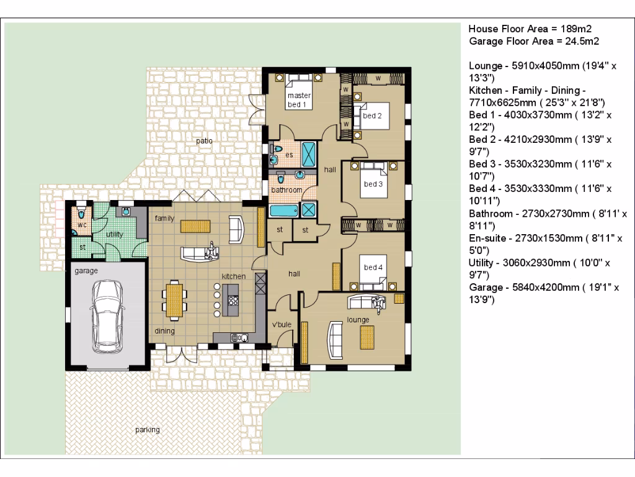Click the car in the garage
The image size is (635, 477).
tap(107, 317)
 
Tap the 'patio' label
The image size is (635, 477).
tap(204, 141)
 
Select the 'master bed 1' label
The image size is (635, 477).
tap(299, 100)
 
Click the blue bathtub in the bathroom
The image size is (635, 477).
tap(284, 210)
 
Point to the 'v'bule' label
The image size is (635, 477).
tap(282, 324)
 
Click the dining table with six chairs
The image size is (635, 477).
tap(174, 300)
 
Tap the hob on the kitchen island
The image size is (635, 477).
tap(233, 301)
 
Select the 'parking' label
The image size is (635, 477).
tap(148, 430)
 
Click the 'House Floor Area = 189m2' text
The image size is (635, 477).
tap(530, 29)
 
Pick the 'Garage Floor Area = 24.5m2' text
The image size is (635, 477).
tap(534, 42)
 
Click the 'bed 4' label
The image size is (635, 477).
tap(373, 267)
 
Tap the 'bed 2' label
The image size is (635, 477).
tap(372, 116)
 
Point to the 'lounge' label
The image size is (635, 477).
tap(358, 320)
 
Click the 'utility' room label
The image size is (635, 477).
tap(114, 234)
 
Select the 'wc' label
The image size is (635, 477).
tap(82, 225)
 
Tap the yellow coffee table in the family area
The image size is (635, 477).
tap(195, 226)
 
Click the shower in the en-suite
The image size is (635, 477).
tap(309, 154)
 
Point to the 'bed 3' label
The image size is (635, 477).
tap(373, 184)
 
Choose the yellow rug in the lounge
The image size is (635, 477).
tap(367, 337)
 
